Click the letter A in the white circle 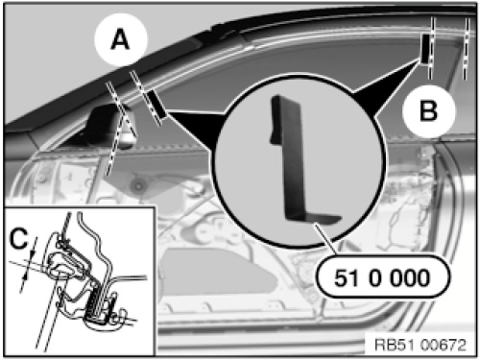coord(120,40)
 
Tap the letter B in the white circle coord(428,110)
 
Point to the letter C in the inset coord(18,239)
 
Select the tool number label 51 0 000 coord(382,277)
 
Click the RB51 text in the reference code coord(395,345)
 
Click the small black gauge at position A coord(156,104)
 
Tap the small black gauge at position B coord(425,49)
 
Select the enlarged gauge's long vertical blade coord(293,156)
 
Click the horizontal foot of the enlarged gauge coord(315,218)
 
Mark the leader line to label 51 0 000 coord(325,239)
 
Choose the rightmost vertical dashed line coord(467,49)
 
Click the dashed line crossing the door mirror coord(121,128)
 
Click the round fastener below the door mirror coord(138,185)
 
